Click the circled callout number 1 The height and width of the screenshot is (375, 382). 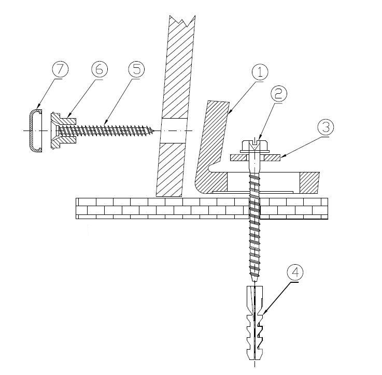tap(260, 73)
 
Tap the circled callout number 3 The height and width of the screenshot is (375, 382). tap(326, 127)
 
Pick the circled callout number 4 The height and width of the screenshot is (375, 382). tap(295, 273)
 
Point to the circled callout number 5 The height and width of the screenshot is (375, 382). tap(136, 69)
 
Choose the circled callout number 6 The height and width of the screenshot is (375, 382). tap(99, 69)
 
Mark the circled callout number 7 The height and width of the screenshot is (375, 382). tap(61, 69)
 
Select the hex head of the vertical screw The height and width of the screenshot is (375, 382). tap(254, 146)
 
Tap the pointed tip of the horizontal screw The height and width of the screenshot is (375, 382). tap(154, 131)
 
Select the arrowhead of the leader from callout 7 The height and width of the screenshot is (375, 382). tap(38, 107)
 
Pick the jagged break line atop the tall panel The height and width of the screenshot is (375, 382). tap(183, 21)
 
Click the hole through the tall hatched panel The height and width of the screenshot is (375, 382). tap(174, 131)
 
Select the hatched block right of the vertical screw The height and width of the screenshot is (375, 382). tap(309, 183)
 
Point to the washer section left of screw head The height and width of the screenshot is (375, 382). tap(238, 158)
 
